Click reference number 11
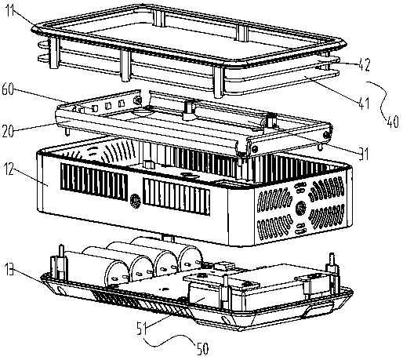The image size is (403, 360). pos(11,10)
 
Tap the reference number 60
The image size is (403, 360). pos(8,89)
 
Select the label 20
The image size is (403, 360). pos(8,131)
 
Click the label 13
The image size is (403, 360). pos(9,269)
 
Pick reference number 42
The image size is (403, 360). pos(364,64)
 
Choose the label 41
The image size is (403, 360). pos(364,103)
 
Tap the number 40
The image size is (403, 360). pos(392,122)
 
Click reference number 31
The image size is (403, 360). pos(364,154)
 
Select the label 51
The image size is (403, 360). pos(142,328)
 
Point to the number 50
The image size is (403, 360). pos(202,349)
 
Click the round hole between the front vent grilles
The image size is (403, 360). pos(135,201)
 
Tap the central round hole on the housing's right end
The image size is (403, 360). pos(300,209)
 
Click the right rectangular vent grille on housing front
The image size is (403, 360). pos(176,197)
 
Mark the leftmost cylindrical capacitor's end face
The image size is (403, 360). pos(117,274)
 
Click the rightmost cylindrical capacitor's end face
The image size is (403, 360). pos(190,259)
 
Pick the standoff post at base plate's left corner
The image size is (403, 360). pos(62,262)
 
